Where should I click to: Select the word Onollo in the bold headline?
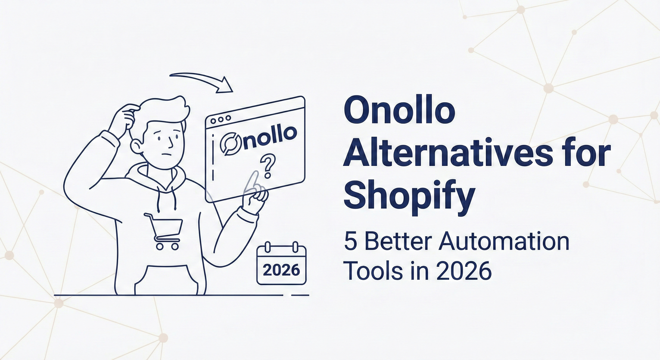point(399,110)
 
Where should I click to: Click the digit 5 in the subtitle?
point(350,242)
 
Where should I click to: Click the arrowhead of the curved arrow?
point(225,85)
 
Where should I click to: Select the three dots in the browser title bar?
point(220,119)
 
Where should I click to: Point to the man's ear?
point(136,145)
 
